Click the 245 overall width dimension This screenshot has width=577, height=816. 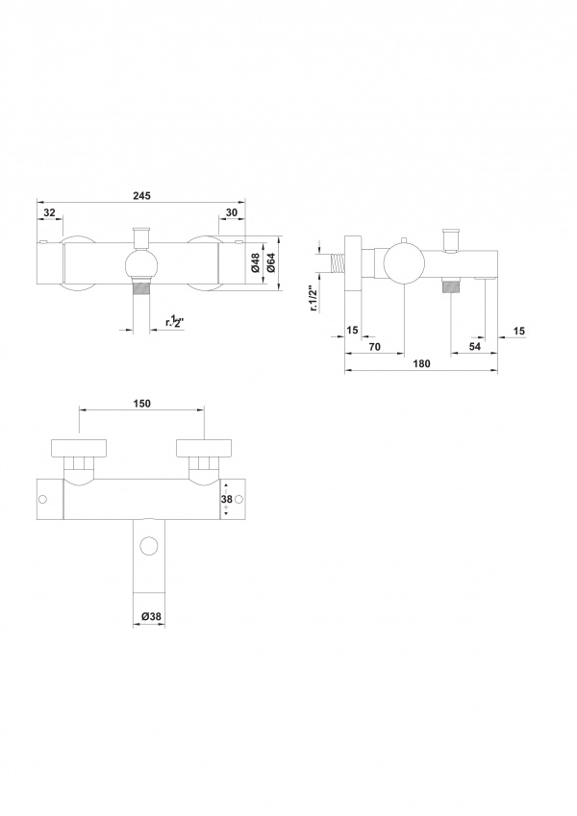[x=141, y=196]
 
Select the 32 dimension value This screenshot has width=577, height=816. [x=49, y=212]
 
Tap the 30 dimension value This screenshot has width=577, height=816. [x=231, y=212]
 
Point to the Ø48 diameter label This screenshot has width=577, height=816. [x=255, y=262]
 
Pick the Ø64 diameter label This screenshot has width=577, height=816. [x=271, y=262]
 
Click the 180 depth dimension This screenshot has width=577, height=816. [x=421, y=363]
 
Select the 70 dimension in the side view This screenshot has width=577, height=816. [x=374, y=347]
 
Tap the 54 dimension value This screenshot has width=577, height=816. [x=474, y=347]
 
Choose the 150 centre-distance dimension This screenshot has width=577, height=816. [x=141, y=404]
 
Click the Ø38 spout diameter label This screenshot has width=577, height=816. [x=152, y=616]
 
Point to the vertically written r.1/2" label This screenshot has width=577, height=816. [x=314, y=298]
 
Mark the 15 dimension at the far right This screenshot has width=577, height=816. [x=518, y=331]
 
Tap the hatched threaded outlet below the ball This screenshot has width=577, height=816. [x=141, y=286]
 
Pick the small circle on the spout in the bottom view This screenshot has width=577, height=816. [x=149, y=547]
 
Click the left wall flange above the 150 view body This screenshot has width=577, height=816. [x=80, y=447]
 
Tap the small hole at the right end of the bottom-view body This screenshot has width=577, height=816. [x=239, y=500]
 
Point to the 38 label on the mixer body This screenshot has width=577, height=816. [x=226, y=499]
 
